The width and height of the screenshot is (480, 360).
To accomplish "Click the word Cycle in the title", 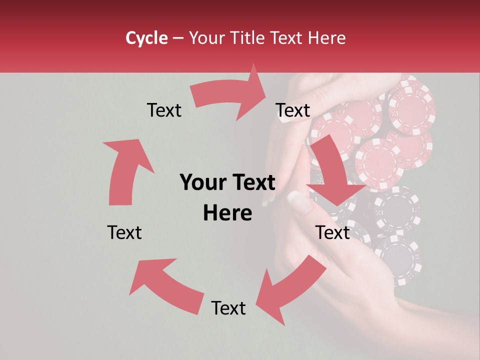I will click(x=146, y=38).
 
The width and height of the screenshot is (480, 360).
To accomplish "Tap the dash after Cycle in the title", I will click(x=177, y=38).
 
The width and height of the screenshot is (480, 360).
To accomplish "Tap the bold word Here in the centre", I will click(x=227, y=213).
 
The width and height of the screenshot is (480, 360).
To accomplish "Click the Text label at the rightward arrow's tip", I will click(x=293, y=110).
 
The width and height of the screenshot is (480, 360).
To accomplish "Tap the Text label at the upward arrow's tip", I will click(x=164, y=110).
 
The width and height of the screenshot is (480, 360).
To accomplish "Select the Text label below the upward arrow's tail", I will click(x=124, y=232).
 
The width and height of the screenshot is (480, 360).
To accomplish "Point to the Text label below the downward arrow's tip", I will click(x=332, y=232).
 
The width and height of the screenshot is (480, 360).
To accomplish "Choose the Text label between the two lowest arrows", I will click(x=228, y=308).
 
